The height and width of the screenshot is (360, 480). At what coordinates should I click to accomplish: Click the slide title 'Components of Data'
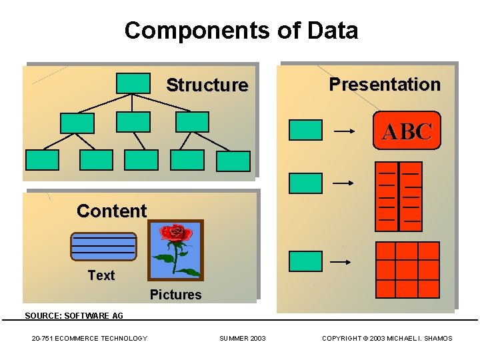point(241,31)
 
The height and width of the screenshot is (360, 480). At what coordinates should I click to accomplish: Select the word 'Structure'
point(207,85)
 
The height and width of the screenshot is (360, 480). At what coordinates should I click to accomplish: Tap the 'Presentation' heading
point(385,85)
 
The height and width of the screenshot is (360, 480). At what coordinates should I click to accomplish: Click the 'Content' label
point(111,211)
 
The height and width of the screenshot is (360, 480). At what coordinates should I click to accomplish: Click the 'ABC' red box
point(407,131)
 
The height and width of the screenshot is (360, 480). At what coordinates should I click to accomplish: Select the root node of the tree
point(133,83)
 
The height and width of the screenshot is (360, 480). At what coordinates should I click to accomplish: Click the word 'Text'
point(101,275)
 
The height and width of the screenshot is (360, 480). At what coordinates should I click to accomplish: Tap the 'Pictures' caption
point(175,295)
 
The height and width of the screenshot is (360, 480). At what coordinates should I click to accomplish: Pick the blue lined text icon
point(103,247)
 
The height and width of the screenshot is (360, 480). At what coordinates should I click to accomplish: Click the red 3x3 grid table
point(407,269)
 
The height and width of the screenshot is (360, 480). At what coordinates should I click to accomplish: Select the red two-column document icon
point(399,197)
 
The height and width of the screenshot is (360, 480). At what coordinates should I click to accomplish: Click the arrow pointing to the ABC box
point(344,132)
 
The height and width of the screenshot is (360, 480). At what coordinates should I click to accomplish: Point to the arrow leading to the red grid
point(341,263)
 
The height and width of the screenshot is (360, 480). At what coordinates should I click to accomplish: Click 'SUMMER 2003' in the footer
point(242,339)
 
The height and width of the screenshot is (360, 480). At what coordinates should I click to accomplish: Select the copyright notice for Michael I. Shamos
point(387,339)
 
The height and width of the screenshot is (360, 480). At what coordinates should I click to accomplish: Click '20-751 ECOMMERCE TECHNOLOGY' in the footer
point(89,339)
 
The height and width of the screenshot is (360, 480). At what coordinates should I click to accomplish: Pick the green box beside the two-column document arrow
point(305,183)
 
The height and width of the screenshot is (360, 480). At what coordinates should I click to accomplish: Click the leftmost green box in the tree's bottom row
point(42,160)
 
